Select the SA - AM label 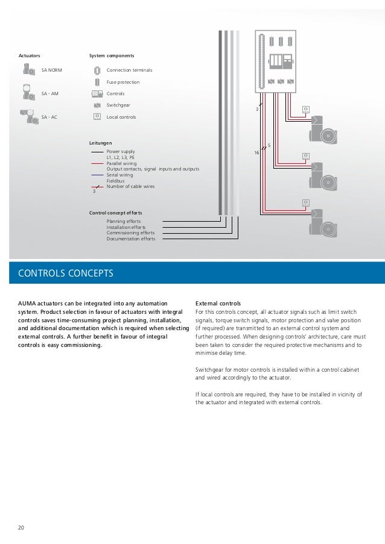coord(49,94)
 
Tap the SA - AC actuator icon coord(28,116)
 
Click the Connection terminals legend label coord(129,70)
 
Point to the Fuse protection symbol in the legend coord(97,82)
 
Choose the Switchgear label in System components coord(118,105)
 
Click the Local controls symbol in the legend coord(97,116)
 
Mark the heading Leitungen coord(101,143)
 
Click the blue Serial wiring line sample coord(97,175)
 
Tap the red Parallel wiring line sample coord(97,163)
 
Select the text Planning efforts coord(124,222)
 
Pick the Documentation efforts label coord(131,239)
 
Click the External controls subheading coord(218,302)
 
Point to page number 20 coord(21,528)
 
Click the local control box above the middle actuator coord(305,156)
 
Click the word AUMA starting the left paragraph coord(27,302)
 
